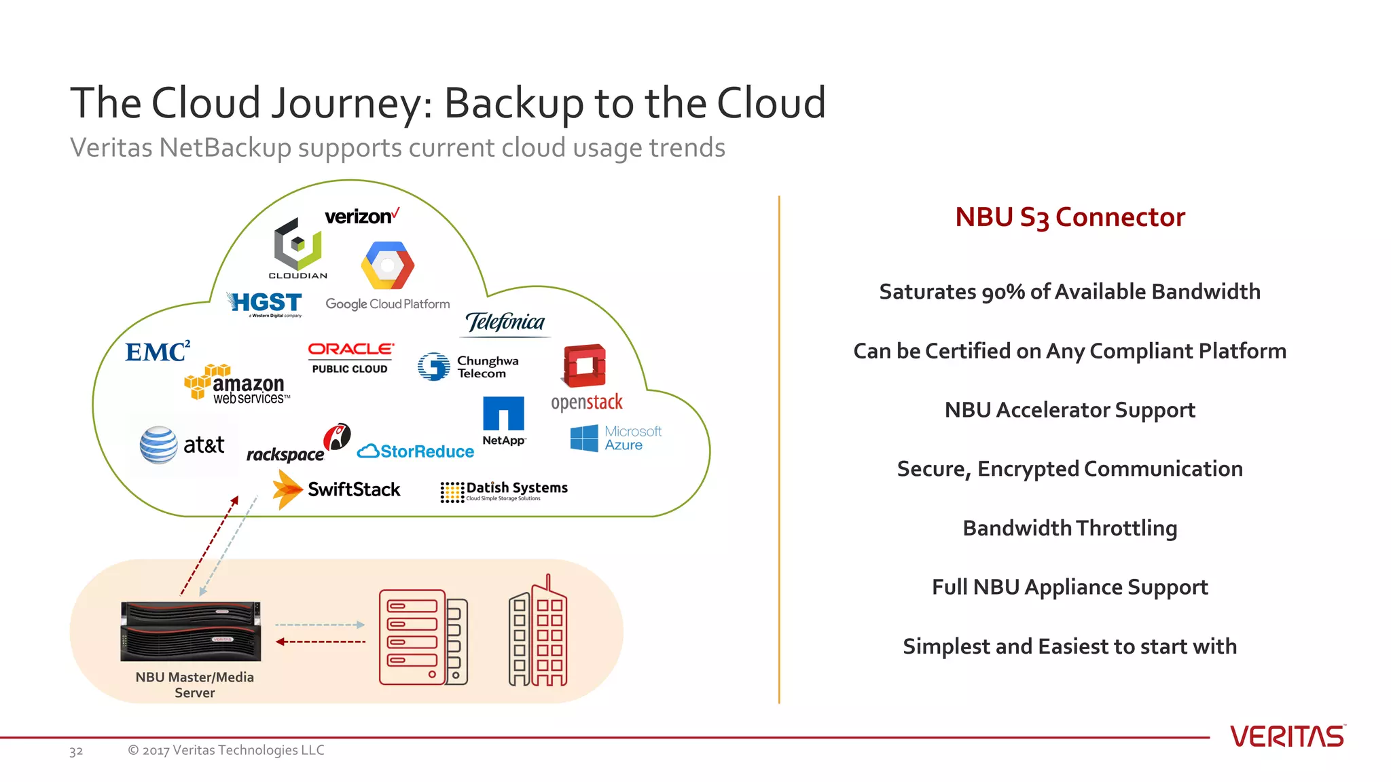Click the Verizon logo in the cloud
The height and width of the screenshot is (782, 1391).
pyautogui.click(x=361, y=217)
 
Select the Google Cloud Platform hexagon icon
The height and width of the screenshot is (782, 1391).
pyautogui.click(x=387, y=265)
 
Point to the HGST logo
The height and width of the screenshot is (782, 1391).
pyautogui.click(x=266, y=303)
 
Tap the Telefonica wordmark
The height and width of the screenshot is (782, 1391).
pyautogui.click(x=505, y=322)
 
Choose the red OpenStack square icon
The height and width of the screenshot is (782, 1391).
pyautogui.click(x=584, y=365)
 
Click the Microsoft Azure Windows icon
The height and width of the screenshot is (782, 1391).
pyautogui.click(x=584, y=438)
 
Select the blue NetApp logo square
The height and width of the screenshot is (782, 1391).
pyautogui.click(x=503, y=413)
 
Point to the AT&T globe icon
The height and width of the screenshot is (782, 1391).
pyautogui.click(x=159, y=445)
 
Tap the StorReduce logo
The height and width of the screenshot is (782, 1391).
pyautogui.click(x=416, y=451)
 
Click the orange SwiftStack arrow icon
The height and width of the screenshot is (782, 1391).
pyautogui.click(x=287, y=489)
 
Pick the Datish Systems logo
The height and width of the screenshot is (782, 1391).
pyautogui.click(x=504, y=491)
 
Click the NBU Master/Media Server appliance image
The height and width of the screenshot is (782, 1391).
pyautogui.click(x=191, y=631)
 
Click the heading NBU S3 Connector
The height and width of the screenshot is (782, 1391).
pyautogui.click(x=1070, y=217)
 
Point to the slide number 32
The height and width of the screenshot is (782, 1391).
pyautogui.click(x=76, y=751)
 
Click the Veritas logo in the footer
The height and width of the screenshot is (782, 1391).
pyautogui.click(x=1288, y=737)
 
